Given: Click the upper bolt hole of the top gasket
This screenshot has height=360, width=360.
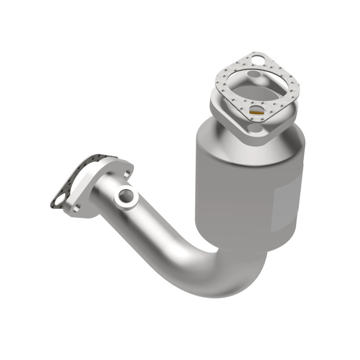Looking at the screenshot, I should (x=257, y=58).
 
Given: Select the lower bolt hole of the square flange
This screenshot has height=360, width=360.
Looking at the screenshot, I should (x=255, y=129).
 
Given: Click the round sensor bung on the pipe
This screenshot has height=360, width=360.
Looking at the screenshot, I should (x=126, y=196).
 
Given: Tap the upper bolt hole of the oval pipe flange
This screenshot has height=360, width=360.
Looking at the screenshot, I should (x=127, y=173).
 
